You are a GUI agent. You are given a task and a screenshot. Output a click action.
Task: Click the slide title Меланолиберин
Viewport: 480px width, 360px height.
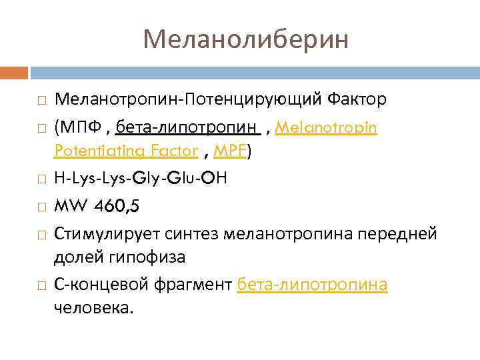tap(245, 39)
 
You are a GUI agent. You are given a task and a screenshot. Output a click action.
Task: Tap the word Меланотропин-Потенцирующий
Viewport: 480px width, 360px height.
tap(189, 101)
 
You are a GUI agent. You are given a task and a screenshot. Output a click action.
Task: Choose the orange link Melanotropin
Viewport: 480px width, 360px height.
tap(326, 127)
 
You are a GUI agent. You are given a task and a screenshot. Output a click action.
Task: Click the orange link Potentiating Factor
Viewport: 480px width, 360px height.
tap(127, 152)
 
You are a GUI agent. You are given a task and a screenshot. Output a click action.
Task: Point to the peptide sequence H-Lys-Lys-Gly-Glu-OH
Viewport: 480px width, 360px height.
tap(141, 179)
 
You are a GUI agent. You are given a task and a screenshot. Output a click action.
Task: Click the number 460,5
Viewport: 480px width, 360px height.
tap(117, 206)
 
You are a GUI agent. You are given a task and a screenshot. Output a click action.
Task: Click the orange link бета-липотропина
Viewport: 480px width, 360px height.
tap(313, 285)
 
